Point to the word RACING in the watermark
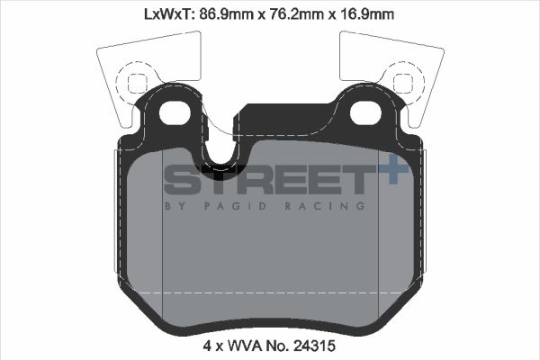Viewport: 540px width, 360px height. [335, 206]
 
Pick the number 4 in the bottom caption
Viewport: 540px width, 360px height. [205, 345]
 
